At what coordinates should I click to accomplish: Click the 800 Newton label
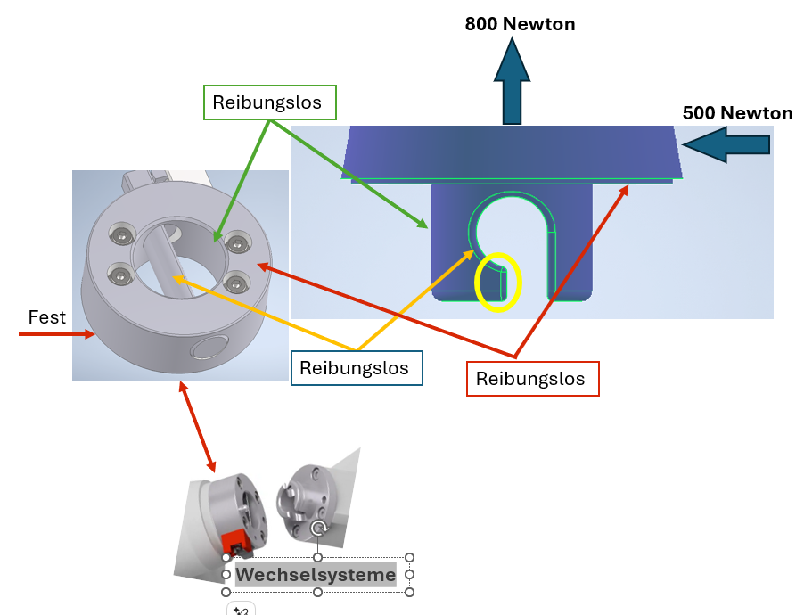(x=520, y=24)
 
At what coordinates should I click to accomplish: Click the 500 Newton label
(x=737, y=113)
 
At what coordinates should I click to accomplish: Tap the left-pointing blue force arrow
(x=728, y=144)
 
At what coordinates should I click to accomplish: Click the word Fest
(x=47, y=317)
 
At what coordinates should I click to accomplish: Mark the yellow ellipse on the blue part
(x=497, y=283)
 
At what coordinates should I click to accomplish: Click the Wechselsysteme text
(x=316, y=576)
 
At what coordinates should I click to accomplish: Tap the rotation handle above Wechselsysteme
(x=319, y=529)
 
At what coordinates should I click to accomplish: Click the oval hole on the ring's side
(x=210, y=347)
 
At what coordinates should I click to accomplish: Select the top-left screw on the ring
(x=120, y=234)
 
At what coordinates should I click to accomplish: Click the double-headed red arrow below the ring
(x=198, y=427)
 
